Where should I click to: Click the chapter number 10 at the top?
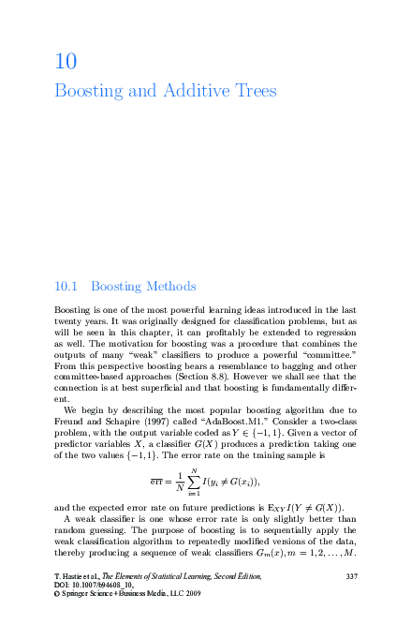coord(66,63)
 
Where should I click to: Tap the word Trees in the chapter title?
coord(253,92)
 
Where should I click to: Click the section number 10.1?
coord(68,286)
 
